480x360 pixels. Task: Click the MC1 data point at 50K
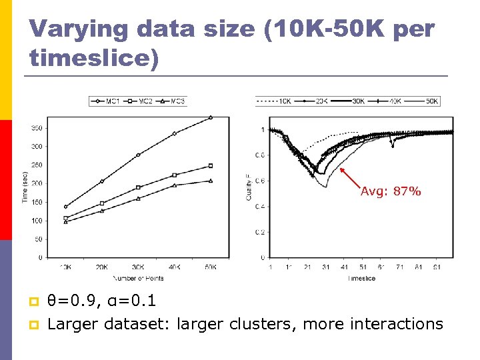pos(211,117)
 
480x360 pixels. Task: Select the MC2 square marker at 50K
pos(211,166)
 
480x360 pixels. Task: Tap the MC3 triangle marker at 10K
pos(65,222)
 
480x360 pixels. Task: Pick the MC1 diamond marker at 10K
pos(65,207)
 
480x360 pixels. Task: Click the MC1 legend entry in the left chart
pos(106,101)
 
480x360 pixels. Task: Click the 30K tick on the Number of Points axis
pos(138,267)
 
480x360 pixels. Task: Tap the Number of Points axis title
pos(138,277)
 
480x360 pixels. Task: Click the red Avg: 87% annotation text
pos(391,191)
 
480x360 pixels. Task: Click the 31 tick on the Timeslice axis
pos(325,267)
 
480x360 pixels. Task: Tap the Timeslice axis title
pos(361,278)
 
